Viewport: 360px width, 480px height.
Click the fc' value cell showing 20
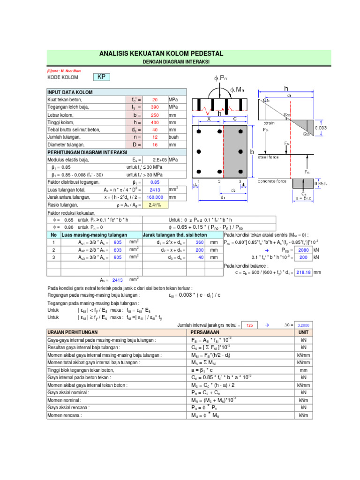155,100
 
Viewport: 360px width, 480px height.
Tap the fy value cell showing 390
155,107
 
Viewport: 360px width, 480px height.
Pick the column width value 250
155,115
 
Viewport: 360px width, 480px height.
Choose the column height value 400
155,122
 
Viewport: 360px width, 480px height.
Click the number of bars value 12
155,137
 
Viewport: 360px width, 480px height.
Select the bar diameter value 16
155,145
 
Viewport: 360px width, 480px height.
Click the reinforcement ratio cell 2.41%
155,205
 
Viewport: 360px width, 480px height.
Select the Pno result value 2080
303,250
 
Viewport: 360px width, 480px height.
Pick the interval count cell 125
249,325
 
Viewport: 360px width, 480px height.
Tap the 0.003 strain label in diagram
321,127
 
